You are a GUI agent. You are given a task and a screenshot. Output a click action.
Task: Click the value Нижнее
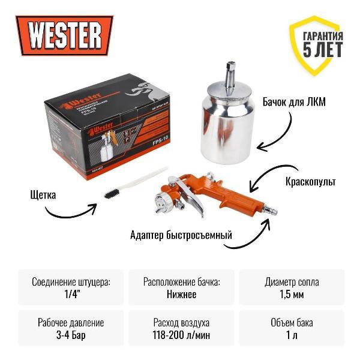pyautogui.click(x=180, y=294)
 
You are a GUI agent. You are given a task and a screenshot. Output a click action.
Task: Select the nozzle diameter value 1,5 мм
pyautogui.click(x=292, y=294)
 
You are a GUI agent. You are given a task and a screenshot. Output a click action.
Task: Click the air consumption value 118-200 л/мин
pyautogui.click(x=180, y=335)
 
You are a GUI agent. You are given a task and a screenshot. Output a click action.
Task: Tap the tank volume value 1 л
pyautogui.click(x=292, y=335)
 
